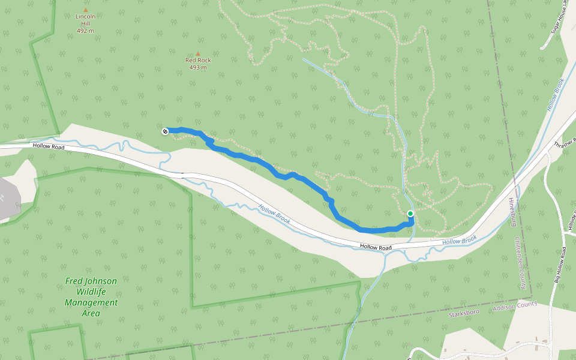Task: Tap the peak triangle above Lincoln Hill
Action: [x=86, y=10]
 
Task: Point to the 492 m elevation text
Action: [x=86, y=31]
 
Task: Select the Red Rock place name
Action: [x=198, y=60]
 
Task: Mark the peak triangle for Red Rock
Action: [x=198, y=53]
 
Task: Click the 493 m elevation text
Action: [x=198, y=67]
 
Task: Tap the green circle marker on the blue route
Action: [x=410, y=214]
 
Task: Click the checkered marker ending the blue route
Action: [x=165, y=131]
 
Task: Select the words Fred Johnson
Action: [x=91, y=281]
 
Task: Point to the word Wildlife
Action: [x=91, y=292]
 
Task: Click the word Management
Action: [x=91, y=302]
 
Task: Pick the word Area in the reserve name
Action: [x=91, y=313]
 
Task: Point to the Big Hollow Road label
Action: [x=560, y=265]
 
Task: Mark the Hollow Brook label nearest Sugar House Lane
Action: [x=556, y=94]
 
